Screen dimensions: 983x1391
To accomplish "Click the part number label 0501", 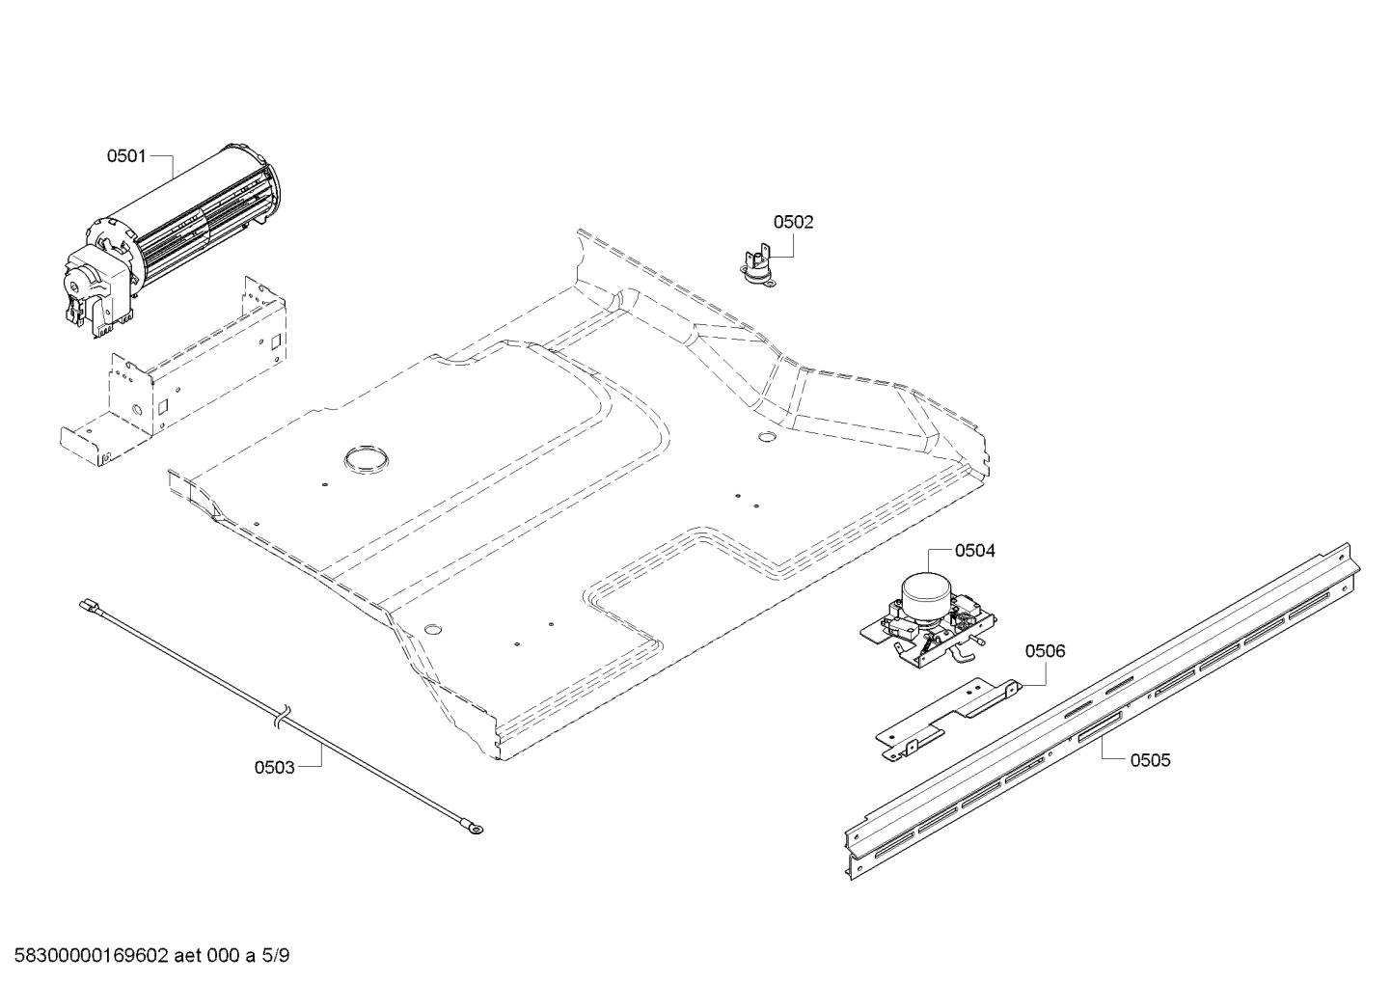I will (x=125, y=155).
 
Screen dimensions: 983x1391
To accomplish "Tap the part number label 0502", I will (x=793, y=222).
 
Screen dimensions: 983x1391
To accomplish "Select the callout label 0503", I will (x=274, y=767).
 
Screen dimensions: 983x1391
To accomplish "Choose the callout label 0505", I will (x=1150, y=760).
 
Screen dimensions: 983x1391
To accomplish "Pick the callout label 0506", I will (x=1045, y=651).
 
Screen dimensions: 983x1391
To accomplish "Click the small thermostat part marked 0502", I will (x=752, y=262).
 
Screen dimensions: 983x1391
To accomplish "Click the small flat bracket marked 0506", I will (x=945, y=715).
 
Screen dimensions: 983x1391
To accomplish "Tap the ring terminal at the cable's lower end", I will (x=474, y=827).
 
